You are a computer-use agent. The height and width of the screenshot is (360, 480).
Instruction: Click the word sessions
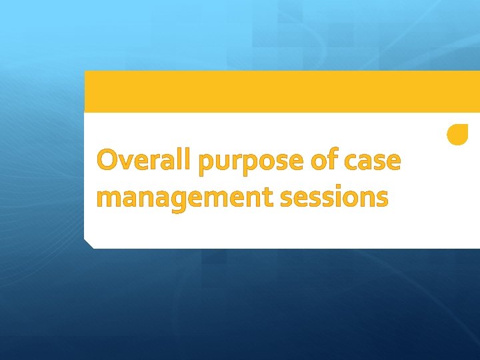pyautogui.click(x=333, y=197)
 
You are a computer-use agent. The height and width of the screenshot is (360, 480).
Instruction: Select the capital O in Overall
pyautogui.click(x=108, y=161)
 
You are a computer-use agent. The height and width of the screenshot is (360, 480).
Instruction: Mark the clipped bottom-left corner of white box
pyautogui.click(x=88, y=244)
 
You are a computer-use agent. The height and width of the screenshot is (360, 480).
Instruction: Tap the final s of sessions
pyautogui.click(x=381, y=199)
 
